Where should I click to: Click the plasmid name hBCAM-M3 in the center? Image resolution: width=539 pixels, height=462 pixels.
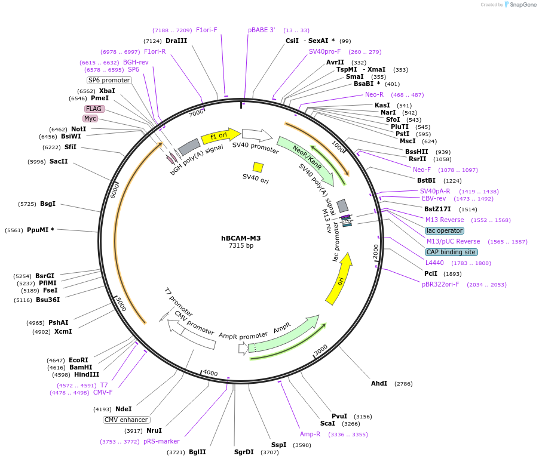coord(241,238)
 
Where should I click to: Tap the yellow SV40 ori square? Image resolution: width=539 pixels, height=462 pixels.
coord(258,167)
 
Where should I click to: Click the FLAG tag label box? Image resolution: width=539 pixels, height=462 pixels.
coord(94,109)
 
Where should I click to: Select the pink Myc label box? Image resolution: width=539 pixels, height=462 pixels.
coord(90,118)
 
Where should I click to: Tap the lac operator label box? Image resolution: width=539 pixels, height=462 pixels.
coord(444,230)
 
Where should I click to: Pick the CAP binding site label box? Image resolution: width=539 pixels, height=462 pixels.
coord(451,252)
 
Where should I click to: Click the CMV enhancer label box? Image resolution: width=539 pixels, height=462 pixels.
coord(126,420)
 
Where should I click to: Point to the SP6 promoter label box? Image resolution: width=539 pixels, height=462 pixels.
coord(109,80)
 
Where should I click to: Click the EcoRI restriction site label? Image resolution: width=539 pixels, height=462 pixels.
coord(78,360)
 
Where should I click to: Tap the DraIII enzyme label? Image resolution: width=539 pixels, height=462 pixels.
coord(176,41)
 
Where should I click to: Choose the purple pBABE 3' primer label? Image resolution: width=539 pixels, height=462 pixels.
coord(262,30)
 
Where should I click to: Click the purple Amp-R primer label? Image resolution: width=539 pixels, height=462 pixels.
coord(310,434)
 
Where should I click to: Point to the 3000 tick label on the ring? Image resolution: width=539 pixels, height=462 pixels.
coord(321,349)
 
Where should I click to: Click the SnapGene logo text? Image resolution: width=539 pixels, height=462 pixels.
coord(520,5)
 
